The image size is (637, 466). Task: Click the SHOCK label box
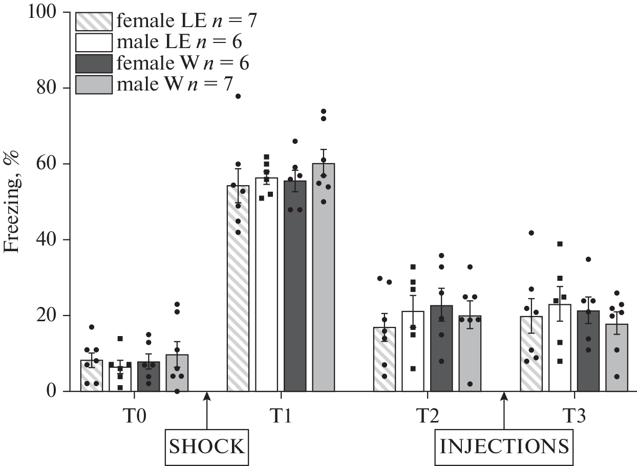tap(206, 446)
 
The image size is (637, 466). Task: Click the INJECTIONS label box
tap(504, 446)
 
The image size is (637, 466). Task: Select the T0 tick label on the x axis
tap(135, 416)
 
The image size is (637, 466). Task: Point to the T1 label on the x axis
tap(280, 416)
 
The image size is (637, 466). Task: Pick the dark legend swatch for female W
tap(94, 64)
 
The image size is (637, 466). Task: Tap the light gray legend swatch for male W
tap(94, 85)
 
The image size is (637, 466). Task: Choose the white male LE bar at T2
tap(413, 353)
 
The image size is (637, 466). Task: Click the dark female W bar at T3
tap(588, 353)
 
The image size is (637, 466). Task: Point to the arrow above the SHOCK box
tap(206, 409)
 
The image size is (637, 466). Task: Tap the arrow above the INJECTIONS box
tap(504, 409)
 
